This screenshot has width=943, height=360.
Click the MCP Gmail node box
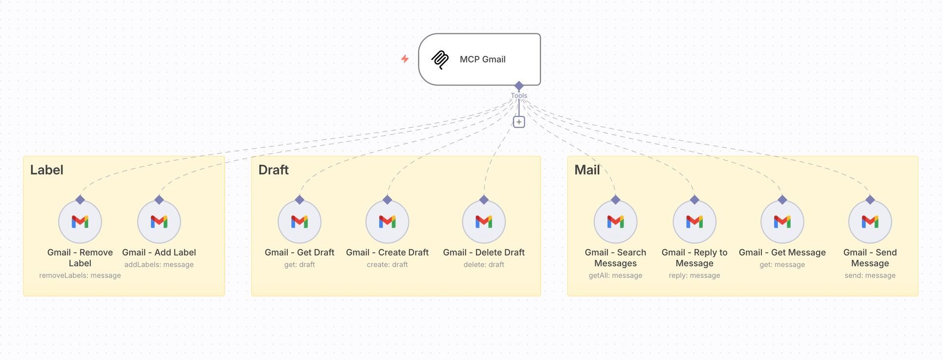[x=479, y=59]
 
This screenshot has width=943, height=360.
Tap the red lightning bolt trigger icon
[x=405, y=59]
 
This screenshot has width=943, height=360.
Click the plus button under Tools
[x=519, y=122]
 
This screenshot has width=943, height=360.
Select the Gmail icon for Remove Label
[x=80, y=222]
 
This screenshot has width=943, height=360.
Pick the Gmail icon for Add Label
[x=159, y=222]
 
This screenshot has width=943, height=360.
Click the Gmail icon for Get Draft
[x=300, y=222]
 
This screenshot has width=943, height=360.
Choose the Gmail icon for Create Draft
[x=388, y=222]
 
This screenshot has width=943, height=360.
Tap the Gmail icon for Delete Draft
[x=484, y=222]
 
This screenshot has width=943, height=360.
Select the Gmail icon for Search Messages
[x=615, y=222]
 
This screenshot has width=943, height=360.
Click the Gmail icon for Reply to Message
[x=694, y=222]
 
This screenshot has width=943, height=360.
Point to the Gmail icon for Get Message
[x=782, y=222]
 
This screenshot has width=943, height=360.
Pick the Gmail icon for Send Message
[x=870, y=222]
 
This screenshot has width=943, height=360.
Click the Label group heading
[x=47, y=170]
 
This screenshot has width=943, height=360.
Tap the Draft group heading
[x=274, y=170]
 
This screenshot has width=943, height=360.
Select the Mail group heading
[x=587, y=170]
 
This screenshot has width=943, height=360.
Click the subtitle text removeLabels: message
[x=80, y=276]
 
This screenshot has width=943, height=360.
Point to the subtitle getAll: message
[x=615, y=276]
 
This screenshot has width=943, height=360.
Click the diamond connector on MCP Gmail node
[x=519, y=86]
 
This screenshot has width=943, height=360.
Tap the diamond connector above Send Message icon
[x=870, y=200]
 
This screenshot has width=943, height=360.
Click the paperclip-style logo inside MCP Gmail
[x=440, y=60]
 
